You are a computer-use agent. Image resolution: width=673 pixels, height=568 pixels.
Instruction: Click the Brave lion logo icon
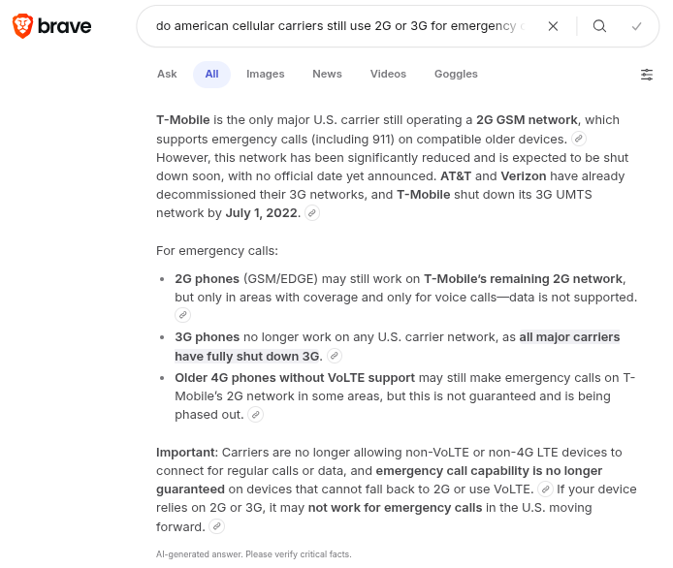(x=21, y=26)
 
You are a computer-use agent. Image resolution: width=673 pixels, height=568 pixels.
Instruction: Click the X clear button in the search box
(x=553, y=26)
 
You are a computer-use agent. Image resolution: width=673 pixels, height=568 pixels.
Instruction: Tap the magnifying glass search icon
(x=599, y=26)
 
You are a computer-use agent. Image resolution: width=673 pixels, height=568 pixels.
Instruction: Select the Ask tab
(x=167, y=74)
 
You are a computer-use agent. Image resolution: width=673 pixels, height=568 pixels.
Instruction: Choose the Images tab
(x=265, y=74)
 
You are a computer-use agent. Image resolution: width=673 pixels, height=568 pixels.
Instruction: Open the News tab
(x=327, y=74)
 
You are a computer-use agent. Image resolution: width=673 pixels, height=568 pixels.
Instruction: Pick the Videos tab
(x=388, y=74)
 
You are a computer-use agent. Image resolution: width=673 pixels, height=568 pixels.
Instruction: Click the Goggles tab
(x=456, y=74)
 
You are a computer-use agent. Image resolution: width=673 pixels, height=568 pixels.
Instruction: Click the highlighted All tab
(x=211, y=74)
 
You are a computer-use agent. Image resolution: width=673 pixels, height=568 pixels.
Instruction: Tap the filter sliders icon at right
(x=647, y=75)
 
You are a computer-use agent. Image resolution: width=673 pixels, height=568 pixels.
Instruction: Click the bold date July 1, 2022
(x=263, y=212)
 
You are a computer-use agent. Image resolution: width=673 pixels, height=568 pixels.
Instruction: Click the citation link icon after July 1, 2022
(x=312, y=212)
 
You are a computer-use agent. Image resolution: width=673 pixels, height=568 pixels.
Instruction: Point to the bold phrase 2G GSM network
(x=527, y=120)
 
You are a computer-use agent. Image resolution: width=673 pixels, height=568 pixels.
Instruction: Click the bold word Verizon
(x=523, y=176)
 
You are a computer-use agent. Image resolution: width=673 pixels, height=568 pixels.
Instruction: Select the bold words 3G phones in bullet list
(x=207, y=337)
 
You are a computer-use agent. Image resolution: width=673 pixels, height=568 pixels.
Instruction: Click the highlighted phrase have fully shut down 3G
(x=246, y=356)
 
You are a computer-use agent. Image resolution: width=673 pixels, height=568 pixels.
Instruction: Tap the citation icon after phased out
(x=256, y=415)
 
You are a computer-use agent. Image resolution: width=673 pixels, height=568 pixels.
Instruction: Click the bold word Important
(x=187, y=452)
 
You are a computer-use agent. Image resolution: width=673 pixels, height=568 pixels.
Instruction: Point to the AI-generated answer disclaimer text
(x=253, y=554)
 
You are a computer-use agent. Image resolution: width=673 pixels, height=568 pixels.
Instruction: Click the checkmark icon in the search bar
(x=636, y=26)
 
